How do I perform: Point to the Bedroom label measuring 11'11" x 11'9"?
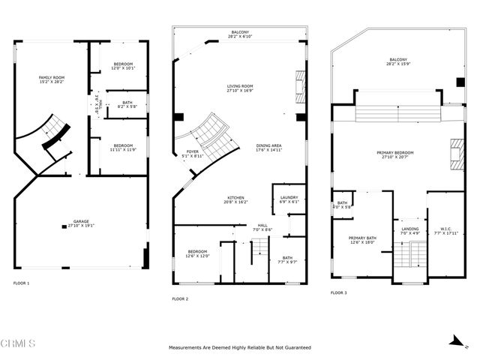(124, 148)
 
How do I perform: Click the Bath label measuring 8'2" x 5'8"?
(126, 106)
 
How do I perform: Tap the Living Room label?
(240, 89)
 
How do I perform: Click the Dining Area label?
(269, 148)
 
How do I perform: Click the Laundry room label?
(289, 199)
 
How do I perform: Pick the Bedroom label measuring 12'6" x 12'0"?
(197, 254)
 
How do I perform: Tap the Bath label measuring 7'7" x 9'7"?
(288, 259)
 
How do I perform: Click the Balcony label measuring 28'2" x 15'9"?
(399, 61)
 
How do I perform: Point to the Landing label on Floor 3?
(409, 231)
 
